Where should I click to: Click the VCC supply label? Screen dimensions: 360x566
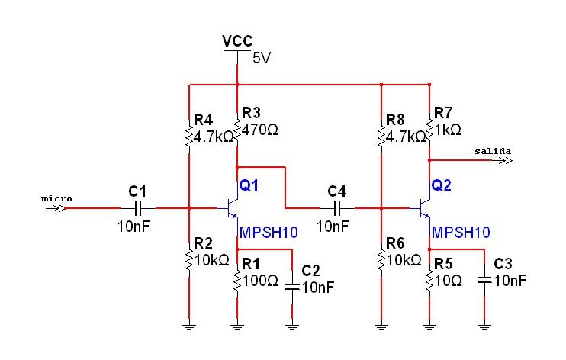[236, 40]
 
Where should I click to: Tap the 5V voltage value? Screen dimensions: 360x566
[261, 57]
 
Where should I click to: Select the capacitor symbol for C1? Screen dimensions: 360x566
[138, 207]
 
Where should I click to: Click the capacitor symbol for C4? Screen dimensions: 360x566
[336, 207]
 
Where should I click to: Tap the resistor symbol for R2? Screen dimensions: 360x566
[188, 260]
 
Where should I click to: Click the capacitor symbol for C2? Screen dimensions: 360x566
[292, 287]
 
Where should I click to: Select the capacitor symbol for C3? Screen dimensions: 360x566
[484, 280]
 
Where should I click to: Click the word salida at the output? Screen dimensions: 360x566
[492, 151]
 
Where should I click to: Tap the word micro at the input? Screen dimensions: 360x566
[56, 198]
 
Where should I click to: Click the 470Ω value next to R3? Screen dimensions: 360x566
[259, 130]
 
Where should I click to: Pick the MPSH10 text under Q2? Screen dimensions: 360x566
[461, 232]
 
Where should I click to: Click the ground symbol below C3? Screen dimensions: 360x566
[484, 326]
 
